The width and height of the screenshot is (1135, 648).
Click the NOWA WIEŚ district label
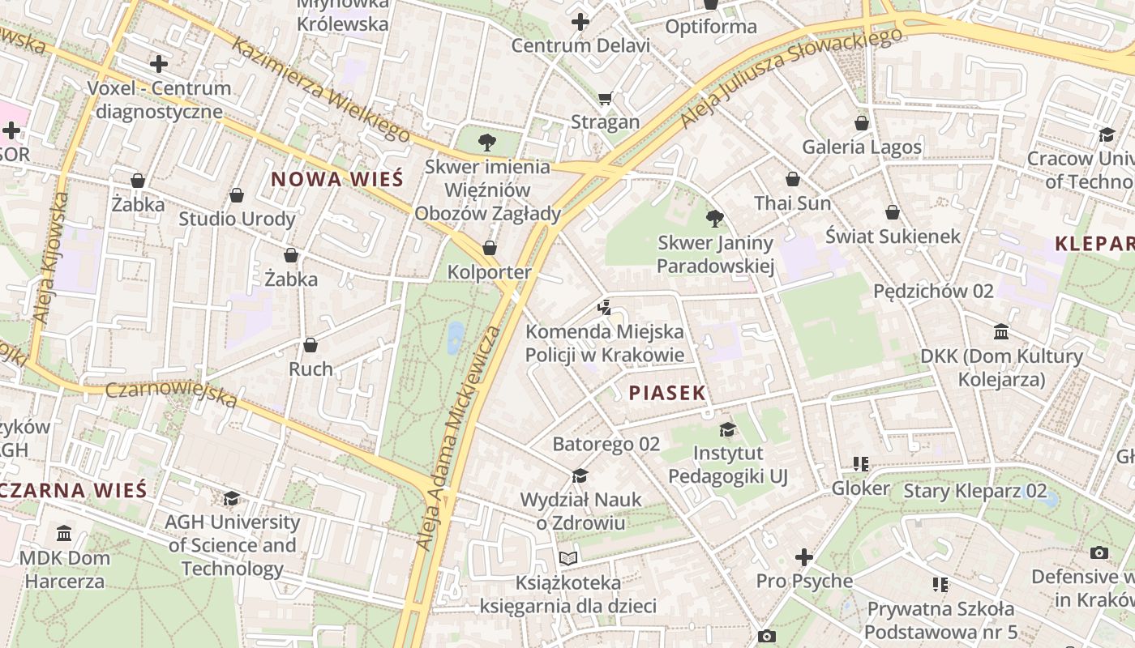coord(336,179)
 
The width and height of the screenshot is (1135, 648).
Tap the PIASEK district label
coord(667,393)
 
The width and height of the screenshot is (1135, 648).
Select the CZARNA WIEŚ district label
coord(75,490)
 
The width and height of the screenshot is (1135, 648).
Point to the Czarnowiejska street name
coord(171,394)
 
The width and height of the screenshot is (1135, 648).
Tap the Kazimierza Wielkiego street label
coord(321,88)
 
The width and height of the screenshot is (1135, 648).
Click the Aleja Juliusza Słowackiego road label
coord(790,78)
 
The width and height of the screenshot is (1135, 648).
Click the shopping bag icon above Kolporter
coord(489,247)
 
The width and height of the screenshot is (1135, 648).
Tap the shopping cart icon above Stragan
coord(605,99)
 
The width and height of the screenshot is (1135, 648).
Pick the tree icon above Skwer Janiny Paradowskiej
coord(714,218)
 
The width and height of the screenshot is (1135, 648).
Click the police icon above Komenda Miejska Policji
coord(603,307)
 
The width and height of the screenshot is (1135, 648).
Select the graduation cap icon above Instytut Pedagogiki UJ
coord(727,429)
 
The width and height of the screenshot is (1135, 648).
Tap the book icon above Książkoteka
coord(568,558)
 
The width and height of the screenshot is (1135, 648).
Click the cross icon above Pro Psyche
coord(804,557)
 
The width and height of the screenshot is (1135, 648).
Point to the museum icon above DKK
coord(1001,332)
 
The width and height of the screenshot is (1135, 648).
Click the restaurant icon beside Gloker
coord(860,464)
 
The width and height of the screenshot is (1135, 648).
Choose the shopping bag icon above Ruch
coord(310,345)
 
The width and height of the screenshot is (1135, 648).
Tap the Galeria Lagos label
coord(862,147)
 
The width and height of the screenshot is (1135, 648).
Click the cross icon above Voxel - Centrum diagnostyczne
coord(159,63)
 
